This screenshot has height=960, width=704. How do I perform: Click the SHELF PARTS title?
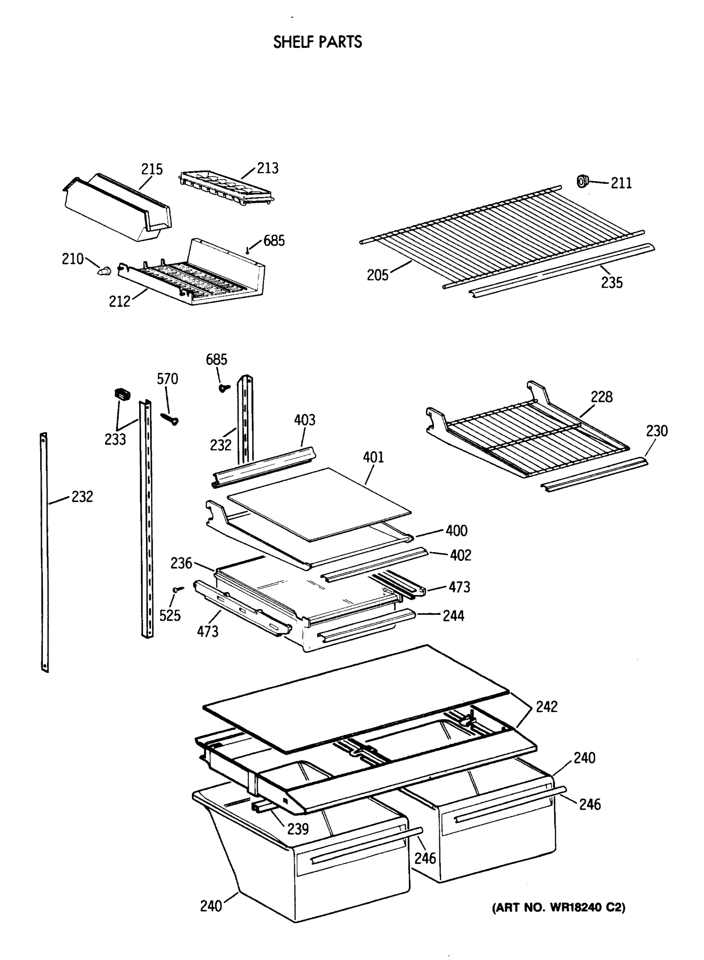[318, 42]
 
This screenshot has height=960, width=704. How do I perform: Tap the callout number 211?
[621, 183]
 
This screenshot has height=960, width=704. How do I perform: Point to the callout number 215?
[152, 169]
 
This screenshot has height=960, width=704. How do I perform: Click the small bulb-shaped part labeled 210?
[104, 270]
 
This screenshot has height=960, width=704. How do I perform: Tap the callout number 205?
[378, 275]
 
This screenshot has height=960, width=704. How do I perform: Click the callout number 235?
[612, 282]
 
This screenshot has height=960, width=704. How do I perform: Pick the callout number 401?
[373, 457]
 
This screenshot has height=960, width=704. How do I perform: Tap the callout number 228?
[601, 397]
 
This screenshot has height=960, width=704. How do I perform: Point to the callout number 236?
[181, 563]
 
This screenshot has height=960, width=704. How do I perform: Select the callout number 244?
[453, 616]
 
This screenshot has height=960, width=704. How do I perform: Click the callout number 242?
[546, 706]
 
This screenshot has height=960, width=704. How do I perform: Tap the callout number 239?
[297, 828]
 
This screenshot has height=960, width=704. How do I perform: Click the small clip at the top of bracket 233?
[122, 394]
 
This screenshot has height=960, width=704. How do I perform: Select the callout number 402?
[460, 555]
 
